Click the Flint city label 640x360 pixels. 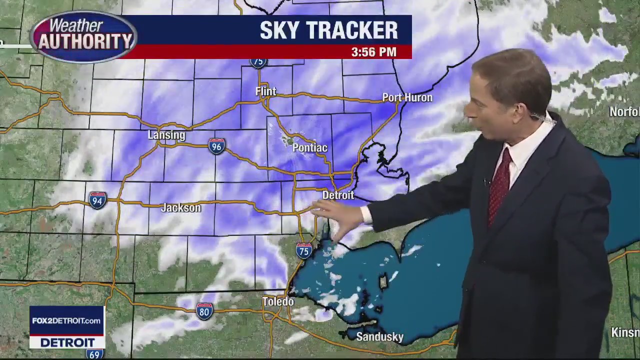(265, 91)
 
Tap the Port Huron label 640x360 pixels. (407, 97)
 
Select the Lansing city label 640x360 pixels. (166, 135)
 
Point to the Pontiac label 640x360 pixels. (309, 147)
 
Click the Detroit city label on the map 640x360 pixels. (338, 195)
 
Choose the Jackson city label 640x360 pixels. (180, 207)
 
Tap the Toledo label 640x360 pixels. (278, 301)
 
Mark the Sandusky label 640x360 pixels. (379, 336)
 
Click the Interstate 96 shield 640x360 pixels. (216, 146)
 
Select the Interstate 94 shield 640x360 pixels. (97, 200)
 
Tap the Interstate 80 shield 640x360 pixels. (204, 311)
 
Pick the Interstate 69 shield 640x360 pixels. (94, 354)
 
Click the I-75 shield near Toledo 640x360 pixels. (303, 250)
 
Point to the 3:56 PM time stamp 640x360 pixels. (373, 52)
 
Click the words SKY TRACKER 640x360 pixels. (328, 31)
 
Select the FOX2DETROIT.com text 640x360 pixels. (66, 320)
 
